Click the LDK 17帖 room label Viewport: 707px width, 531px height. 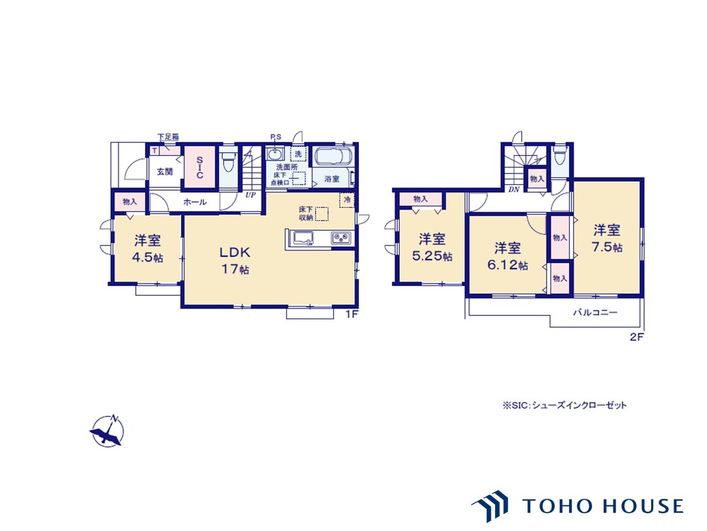tap(235, 261)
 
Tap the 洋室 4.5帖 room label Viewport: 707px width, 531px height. tap(147, 249)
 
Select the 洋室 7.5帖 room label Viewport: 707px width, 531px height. tap(606, 238)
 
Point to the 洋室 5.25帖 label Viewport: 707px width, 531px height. tap(432, 247)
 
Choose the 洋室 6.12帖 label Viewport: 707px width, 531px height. tap(507, 256)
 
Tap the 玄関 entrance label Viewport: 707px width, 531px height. tap(165, 171)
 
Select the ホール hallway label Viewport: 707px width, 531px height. tap(195, 202)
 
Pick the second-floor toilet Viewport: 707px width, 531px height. tap(560, 157)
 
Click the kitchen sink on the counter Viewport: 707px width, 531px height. tap(303, 238)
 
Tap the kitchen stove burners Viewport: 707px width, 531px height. tap(341, 238)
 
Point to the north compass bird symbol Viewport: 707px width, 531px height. tap(108, 431)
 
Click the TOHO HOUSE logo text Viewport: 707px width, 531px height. tap(602, 506)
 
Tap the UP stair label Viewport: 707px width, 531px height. tap(251, 195)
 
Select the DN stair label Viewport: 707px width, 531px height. tap(514, 190)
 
